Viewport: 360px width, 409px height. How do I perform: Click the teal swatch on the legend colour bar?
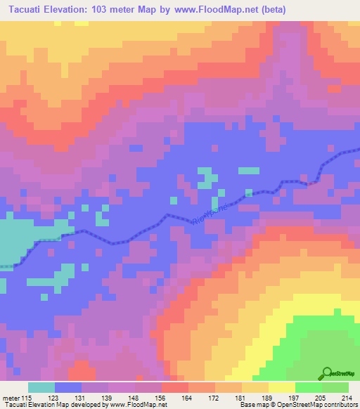pos(41,388)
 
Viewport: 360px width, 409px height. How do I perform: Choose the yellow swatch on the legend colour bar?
pos(282,388)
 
